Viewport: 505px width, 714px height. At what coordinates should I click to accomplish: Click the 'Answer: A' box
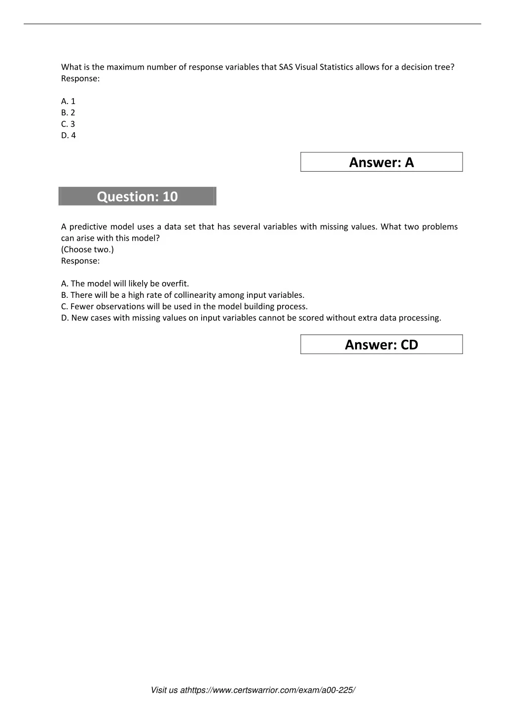coord(381,162)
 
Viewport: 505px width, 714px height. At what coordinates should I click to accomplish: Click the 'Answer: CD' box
coord(381,345)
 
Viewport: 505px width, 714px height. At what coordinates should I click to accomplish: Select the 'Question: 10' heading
coord(137,196)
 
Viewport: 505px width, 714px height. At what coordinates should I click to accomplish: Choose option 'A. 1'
coord(68,101)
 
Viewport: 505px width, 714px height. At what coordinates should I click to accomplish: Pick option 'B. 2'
coord(68,112)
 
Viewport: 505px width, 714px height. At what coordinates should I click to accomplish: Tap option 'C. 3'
coord(68,124)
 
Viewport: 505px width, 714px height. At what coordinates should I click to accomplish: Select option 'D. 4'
coord(69,135)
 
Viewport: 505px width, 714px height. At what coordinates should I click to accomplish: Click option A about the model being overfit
coord(125,284)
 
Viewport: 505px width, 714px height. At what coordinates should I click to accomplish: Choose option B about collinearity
coord(182,295)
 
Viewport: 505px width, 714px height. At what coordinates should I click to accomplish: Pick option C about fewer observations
coord(184,306)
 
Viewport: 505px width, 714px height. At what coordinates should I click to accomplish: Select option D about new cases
coord(251,318)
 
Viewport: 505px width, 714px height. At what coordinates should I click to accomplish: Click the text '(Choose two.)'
coord(87,250)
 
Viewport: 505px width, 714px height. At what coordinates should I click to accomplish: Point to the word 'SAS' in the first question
coord(286,67)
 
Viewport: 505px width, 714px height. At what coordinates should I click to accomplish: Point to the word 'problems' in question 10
coord(439,227)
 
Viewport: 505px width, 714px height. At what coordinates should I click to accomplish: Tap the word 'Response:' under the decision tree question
coord(80,78)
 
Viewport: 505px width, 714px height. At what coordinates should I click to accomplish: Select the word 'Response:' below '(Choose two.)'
coord(80,261)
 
